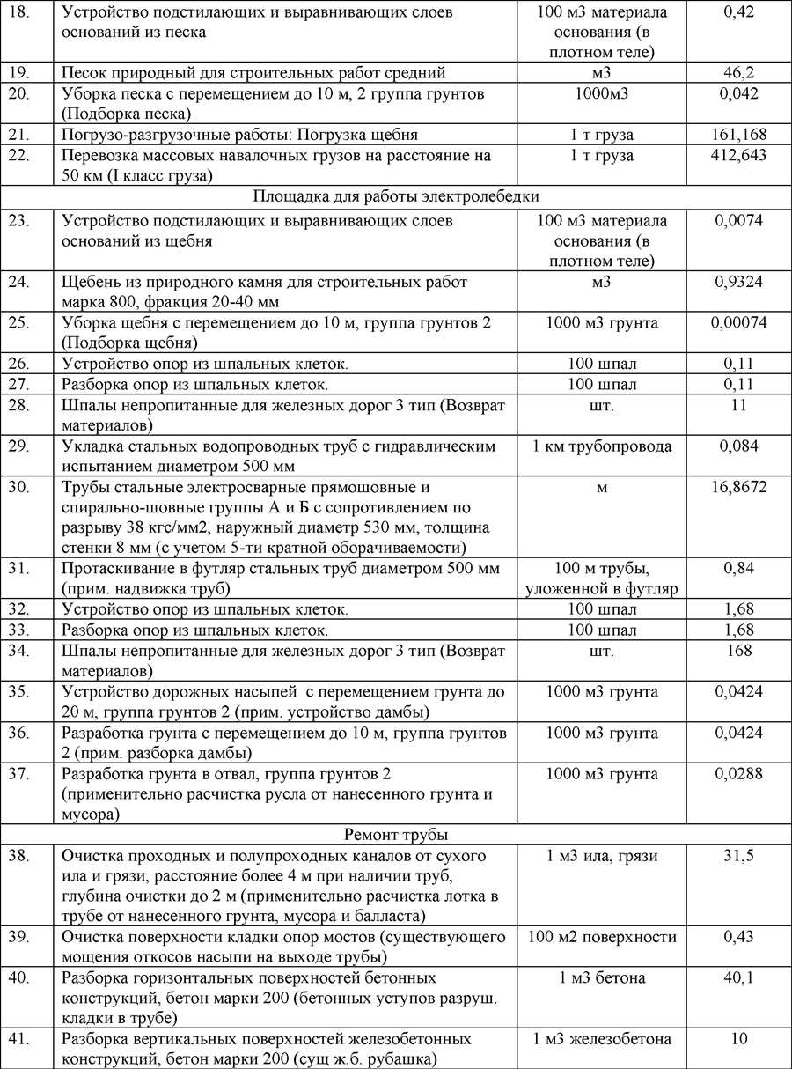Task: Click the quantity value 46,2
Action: [738, 72]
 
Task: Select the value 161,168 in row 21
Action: [738, 135]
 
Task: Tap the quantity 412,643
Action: [738, 155]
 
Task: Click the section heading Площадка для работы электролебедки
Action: [395, 196]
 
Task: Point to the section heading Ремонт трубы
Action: [395, 834]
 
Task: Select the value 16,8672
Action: [738, 487]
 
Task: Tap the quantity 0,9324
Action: [738, 282]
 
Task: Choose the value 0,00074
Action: [738, 322]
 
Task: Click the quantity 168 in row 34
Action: [738, 651]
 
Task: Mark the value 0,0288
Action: [738, 774]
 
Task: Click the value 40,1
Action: [738, 978]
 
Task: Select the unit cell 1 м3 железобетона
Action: [602, 1039]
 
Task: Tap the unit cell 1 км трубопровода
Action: [602, 446]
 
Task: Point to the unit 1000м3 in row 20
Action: [602, 94]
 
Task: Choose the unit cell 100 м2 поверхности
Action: [602, 937]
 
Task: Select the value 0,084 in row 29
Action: [738, 446]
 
